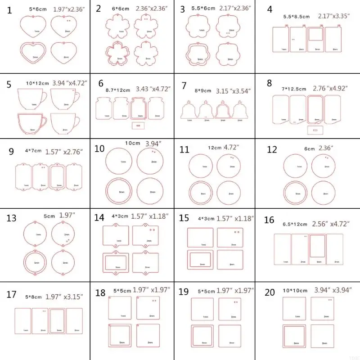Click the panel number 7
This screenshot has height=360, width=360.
[183, 85]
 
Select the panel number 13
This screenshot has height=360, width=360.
[12, 219]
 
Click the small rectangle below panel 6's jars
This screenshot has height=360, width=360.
[138, 124]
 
